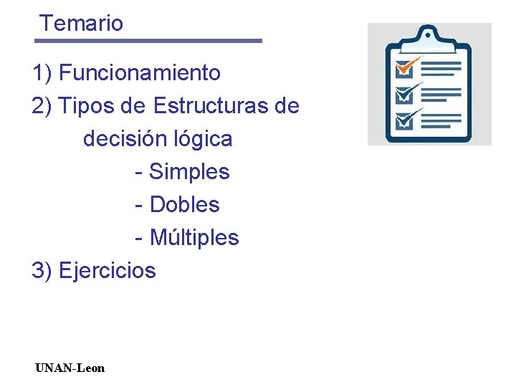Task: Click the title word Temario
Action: click(82, 23)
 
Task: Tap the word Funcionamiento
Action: click(140, 72)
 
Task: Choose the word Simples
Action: click(189, 171)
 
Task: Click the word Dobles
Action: click(184, 204)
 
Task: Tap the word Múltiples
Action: click(193, 236)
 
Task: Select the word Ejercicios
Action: click(107, 270)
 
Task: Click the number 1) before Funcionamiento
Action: click(42, 72)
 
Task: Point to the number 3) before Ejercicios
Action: click(42, 270)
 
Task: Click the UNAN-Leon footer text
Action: click(70, 368)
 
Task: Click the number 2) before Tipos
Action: click(42, 106)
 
